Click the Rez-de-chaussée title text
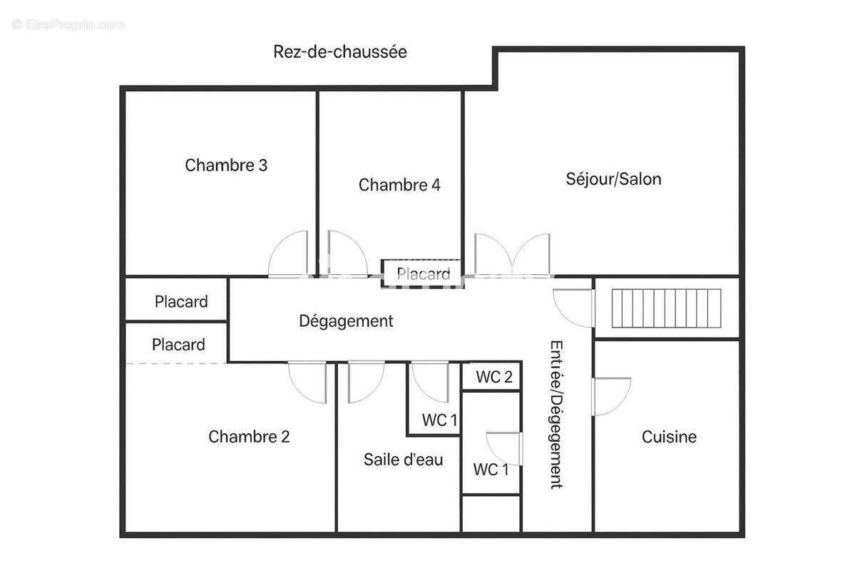tap(339, 52)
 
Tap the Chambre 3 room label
tap(226, 166)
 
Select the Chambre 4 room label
tap(399, 186)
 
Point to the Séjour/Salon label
tap(613, 179)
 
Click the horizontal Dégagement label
tap(346, 321)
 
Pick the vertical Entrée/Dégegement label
tap(556, 413)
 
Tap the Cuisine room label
tap(669, 437)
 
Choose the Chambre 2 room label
tap(249, 437)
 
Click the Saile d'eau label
tap(403, 460)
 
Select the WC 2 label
tap(494, 378)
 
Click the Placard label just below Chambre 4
tap(424, 274)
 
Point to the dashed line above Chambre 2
tap(177, 363)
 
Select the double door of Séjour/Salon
tap(513, 255)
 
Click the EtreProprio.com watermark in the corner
tap(68, 24)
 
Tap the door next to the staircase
tap(574, 308)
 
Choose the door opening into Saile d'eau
tap(364, 382)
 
